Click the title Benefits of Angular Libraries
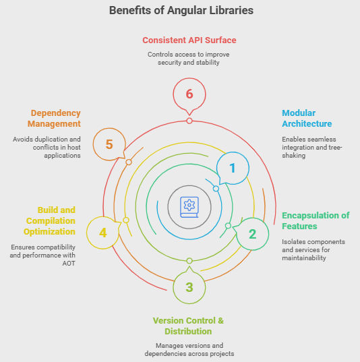[x=181, y=11]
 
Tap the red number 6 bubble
[x=189, y=94]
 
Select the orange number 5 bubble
[x=109, y=144]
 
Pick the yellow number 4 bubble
[x=103, y=233]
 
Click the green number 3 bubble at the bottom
[x=189, y=287]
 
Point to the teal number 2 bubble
[x=252, y=234]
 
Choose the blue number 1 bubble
[x=233, y=168]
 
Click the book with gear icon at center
[x=189, y=207]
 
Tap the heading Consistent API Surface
[x=189, y=40]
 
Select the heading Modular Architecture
[x=307, y=119]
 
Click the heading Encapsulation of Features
[x=316, y=220]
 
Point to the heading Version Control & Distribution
[x=188, y=326]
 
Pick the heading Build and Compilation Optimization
[x=49, y=220]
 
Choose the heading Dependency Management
[x=54, y=119]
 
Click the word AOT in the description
[x=69, y=264]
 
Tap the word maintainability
[x=304, y=258]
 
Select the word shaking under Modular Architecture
[x=293, y=155]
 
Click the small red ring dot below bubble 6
[x=189, y=121]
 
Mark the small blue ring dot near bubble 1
[x=216, y=189]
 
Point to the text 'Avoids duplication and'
[x=47, y=140]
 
